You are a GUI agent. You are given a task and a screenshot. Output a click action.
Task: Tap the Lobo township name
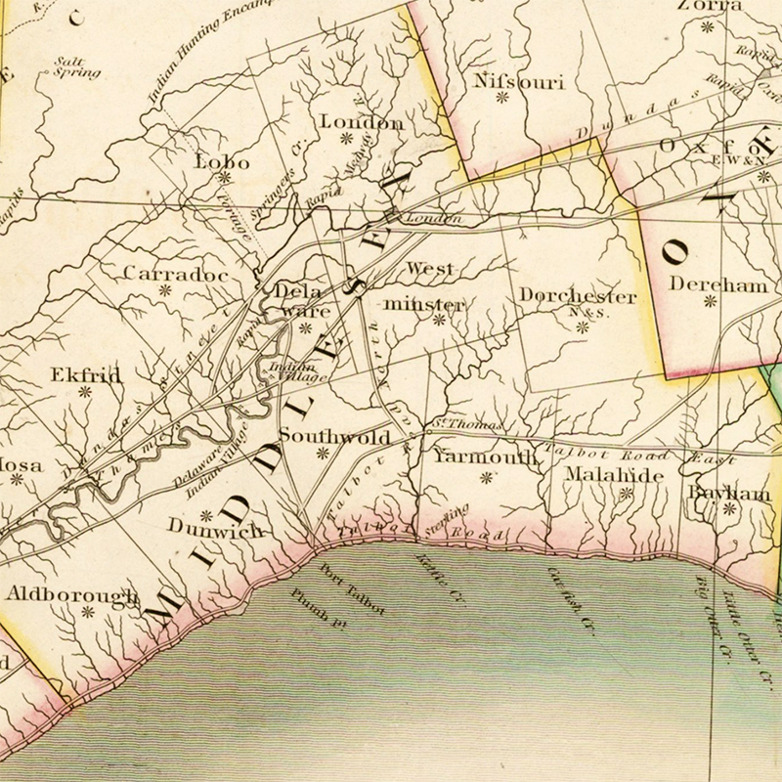pyautogui.click(x=223, y=161)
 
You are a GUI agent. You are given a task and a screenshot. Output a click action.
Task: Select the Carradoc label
pyautogui.click(x=176, y=275)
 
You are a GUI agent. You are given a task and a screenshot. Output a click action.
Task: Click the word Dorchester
pyautogui.click(x=578, y=295)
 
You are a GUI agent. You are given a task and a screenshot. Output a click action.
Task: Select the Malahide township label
pyautogui.click(x=614, y=475)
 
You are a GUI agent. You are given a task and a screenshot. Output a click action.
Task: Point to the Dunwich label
pyautogui.click(x=215, y=529)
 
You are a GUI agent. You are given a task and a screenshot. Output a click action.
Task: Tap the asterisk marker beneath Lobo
pyautogui.click(x=224, y=178)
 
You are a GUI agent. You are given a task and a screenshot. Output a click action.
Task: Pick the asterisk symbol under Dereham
pyautogui.click(x=711, y=302)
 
